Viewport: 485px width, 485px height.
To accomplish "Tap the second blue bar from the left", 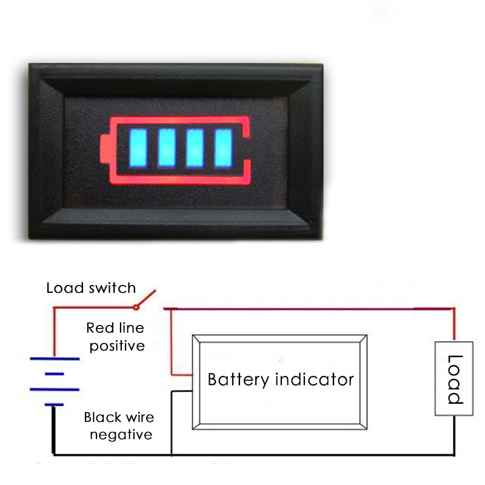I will (x=167, y=148).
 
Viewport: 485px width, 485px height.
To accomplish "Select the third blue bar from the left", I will (x=195, y=148).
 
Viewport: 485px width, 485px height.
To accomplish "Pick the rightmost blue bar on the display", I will (x=223, y=148).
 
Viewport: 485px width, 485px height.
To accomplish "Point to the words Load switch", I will (x=91, y=288).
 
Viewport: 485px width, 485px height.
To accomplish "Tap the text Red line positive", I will (x=115, y=337).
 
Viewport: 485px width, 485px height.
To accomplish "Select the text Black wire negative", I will (x=118, y=426).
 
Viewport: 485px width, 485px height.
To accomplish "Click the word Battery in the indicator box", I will (x=237, y=380).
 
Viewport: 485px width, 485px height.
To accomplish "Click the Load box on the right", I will (x=454, y=379).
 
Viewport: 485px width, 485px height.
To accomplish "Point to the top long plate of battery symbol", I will (x=55, y=358).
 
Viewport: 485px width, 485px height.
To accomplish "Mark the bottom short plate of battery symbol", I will (x=54, y=404).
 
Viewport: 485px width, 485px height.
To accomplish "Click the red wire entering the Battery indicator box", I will (x=181, y=375).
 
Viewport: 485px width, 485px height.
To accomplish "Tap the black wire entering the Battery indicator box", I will (x=181, y=392).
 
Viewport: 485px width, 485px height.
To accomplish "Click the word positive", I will (x=117, y=346).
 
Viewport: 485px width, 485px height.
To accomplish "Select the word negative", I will (x=121, y=435).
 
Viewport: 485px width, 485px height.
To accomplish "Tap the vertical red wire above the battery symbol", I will (x=54, y=330).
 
